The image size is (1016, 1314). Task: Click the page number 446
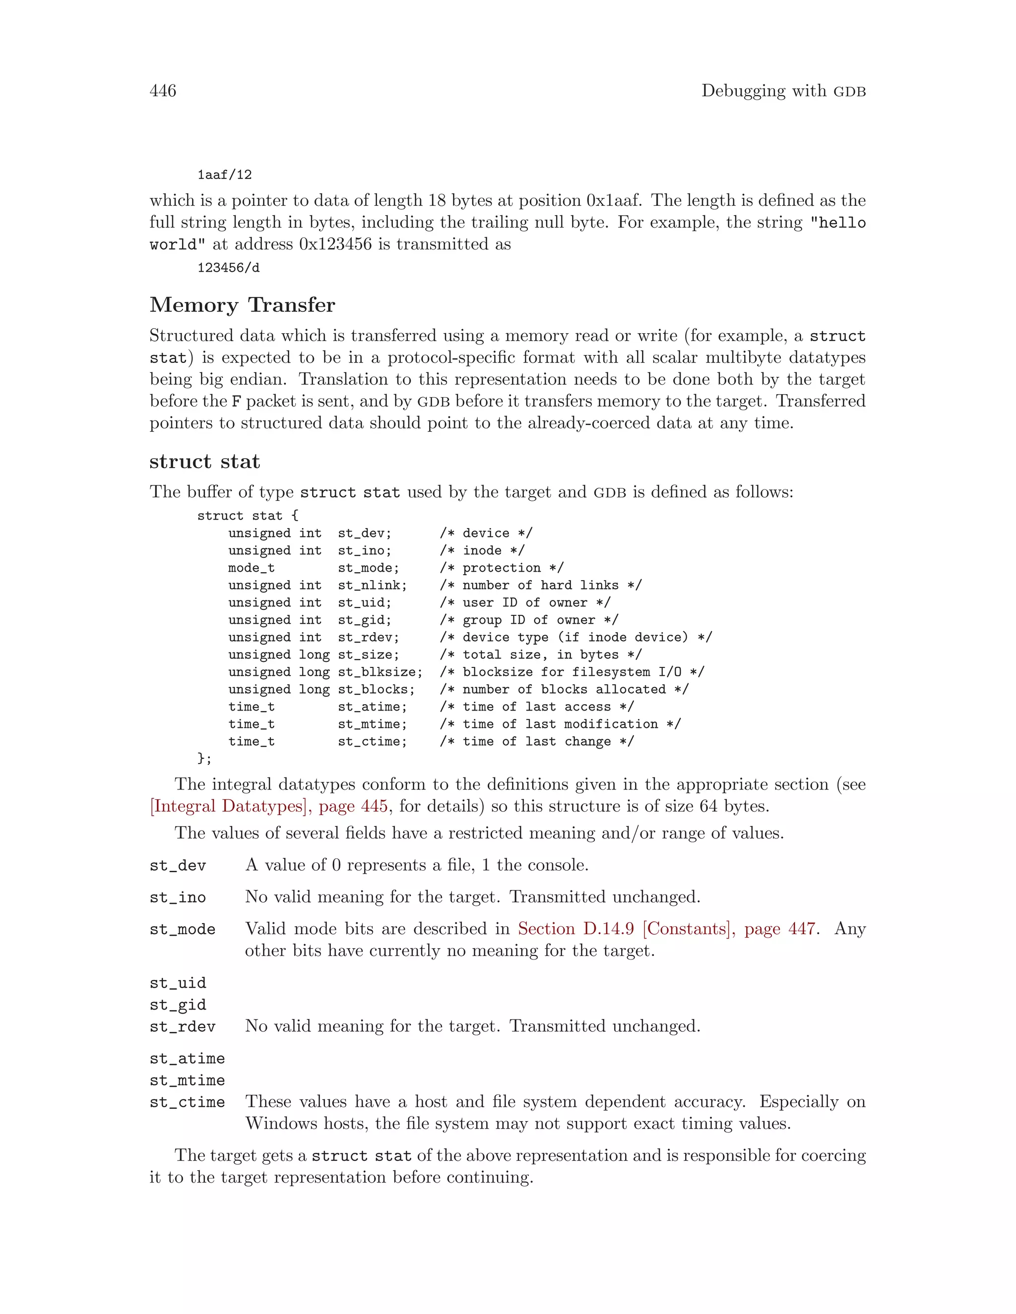point(163,91)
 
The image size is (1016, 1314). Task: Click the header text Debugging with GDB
point(783,91)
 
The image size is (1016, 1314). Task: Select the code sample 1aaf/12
point(225,175)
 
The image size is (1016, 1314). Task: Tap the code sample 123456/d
point(228,268)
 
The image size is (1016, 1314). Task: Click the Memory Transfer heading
point(242,305)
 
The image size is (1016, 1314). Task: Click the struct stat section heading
point(205,462)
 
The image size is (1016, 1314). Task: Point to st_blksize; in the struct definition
point(380,672)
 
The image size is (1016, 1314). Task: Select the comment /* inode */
point(482,550)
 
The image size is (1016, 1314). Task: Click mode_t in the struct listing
point(251,568)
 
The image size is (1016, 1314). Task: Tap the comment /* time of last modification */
point(560,724)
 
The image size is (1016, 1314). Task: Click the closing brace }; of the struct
point(205,759)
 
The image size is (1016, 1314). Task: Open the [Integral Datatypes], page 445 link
point(268,806)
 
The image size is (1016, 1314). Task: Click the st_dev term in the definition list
point(178,866)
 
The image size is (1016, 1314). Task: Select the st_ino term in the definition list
point(178,897)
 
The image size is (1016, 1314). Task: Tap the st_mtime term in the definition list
point(187,1080)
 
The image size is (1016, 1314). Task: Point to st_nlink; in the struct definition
point(372,586)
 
